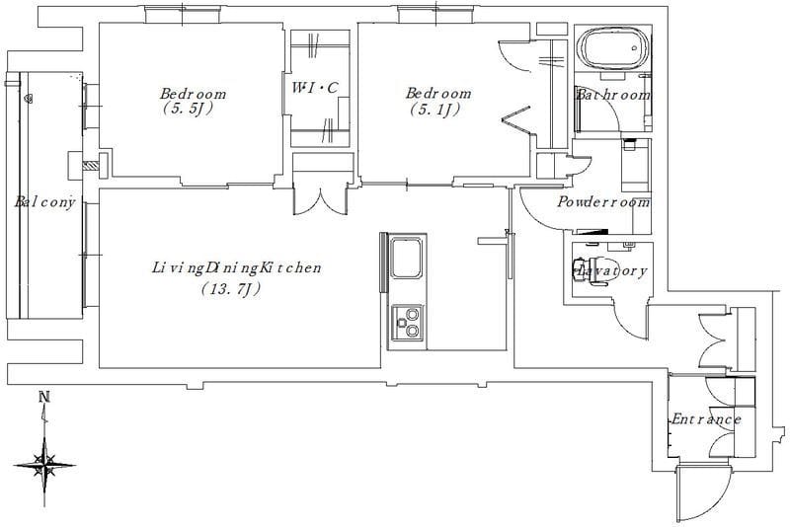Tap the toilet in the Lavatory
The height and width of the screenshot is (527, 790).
589,270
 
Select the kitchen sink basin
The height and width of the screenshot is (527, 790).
406,259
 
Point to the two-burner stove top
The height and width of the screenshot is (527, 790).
407,323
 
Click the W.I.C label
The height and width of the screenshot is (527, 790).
315,88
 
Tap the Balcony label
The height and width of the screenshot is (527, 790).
44,202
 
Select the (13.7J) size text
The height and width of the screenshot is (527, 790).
231,289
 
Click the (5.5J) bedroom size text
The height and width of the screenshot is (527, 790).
187,109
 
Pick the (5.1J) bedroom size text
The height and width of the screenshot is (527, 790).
434,109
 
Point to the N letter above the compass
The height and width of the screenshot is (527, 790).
44,397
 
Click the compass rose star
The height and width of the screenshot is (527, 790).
44,465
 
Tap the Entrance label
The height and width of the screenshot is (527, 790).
706,419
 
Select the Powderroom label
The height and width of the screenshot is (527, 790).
603,202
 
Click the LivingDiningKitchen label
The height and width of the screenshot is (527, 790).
236,267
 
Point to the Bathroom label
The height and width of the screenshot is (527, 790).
612,95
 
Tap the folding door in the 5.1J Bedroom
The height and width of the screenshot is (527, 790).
516,120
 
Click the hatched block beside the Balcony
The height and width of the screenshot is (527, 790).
90,166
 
